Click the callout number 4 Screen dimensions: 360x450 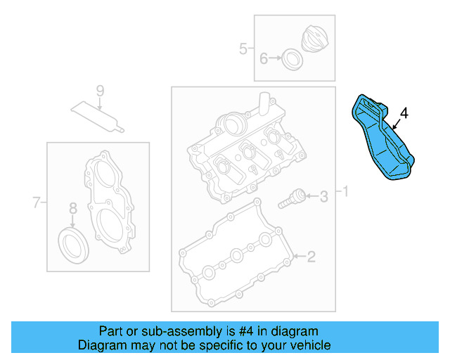click(404, 113)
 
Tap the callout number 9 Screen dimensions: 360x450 click(100, 91)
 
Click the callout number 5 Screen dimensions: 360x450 click(243, 49)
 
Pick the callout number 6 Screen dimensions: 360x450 click(264, 59)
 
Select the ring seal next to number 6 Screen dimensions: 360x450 click(291, 59)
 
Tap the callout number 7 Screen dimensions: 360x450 click(37, 204)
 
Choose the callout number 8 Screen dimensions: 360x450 click(72, 208)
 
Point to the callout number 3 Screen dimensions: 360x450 click(323, 197)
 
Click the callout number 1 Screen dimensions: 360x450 click(344, 191)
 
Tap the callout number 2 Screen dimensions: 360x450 click(311, 257)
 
